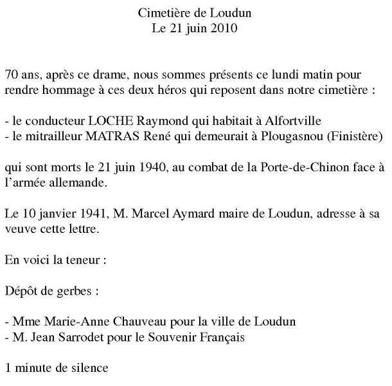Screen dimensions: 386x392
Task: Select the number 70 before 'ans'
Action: tap(10, 74)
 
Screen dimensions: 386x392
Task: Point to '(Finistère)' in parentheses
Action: tap(352, 136)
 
